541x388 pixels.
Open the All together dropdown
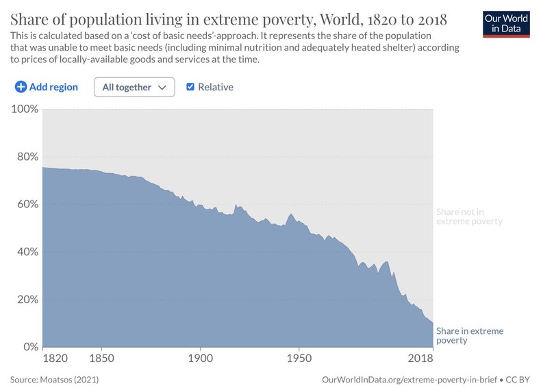(x=134, y=87)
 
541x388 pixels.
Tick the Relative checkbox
(x=190, y=87)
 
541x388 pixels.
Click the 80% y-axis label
(x=26, y=157)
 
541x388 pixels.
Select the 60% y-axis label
(x=26, y=204)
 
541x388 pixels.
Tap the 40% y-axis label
(x=26, y=252)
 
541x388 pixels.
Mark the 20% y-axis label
(x=26, y=299)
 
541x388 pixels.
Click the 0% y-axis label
(x=29, y=347)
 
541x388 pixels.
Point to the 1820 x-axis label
(x=52, y=358)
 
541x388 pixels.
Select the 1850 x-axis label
(x=101, y=358)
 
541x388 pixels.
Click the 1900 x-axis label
(x=200, y=358)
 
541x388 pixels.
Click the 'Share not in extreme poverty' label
(x=469, y=216)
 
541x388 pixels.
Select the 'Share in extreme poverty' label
(x=469, y=335)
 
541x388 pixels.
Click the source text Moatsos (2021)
(x=76, y=378)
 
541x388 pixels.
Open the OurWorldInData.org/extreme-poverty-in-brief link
(x=410, y=378)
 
